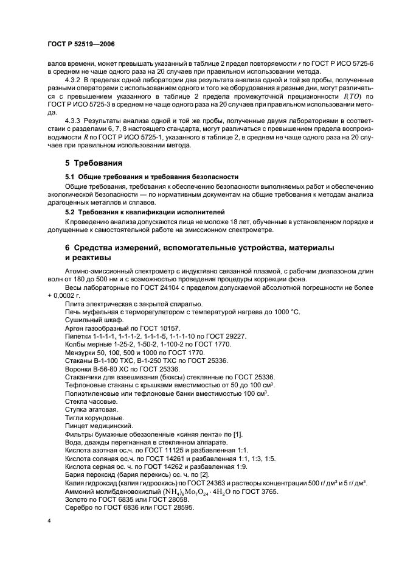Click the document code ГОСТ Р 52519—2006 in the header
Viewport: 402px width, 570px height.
(81, 44)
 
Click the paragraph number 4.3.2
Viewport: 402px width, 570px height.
(74, 80)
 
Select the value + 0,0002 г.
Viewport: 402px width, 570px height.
(68, 295)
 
